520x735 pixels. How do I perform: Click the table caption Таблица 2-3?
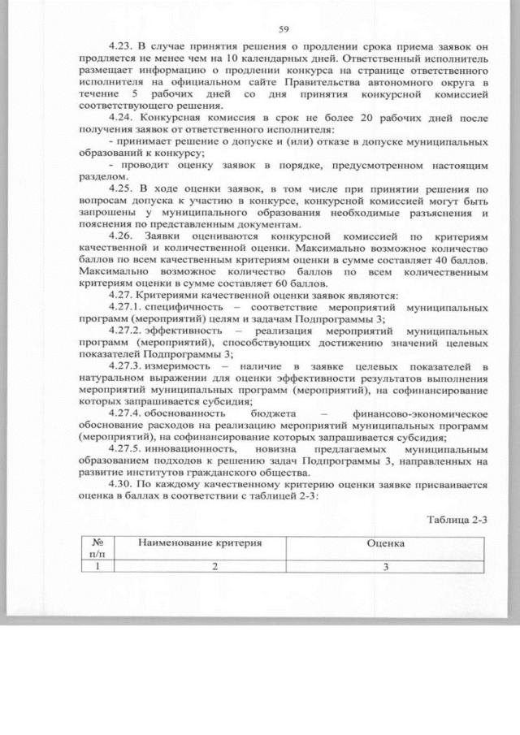[x=457, y=519]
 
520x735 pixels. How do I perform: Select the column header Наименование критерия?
[x=203, y=543]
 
